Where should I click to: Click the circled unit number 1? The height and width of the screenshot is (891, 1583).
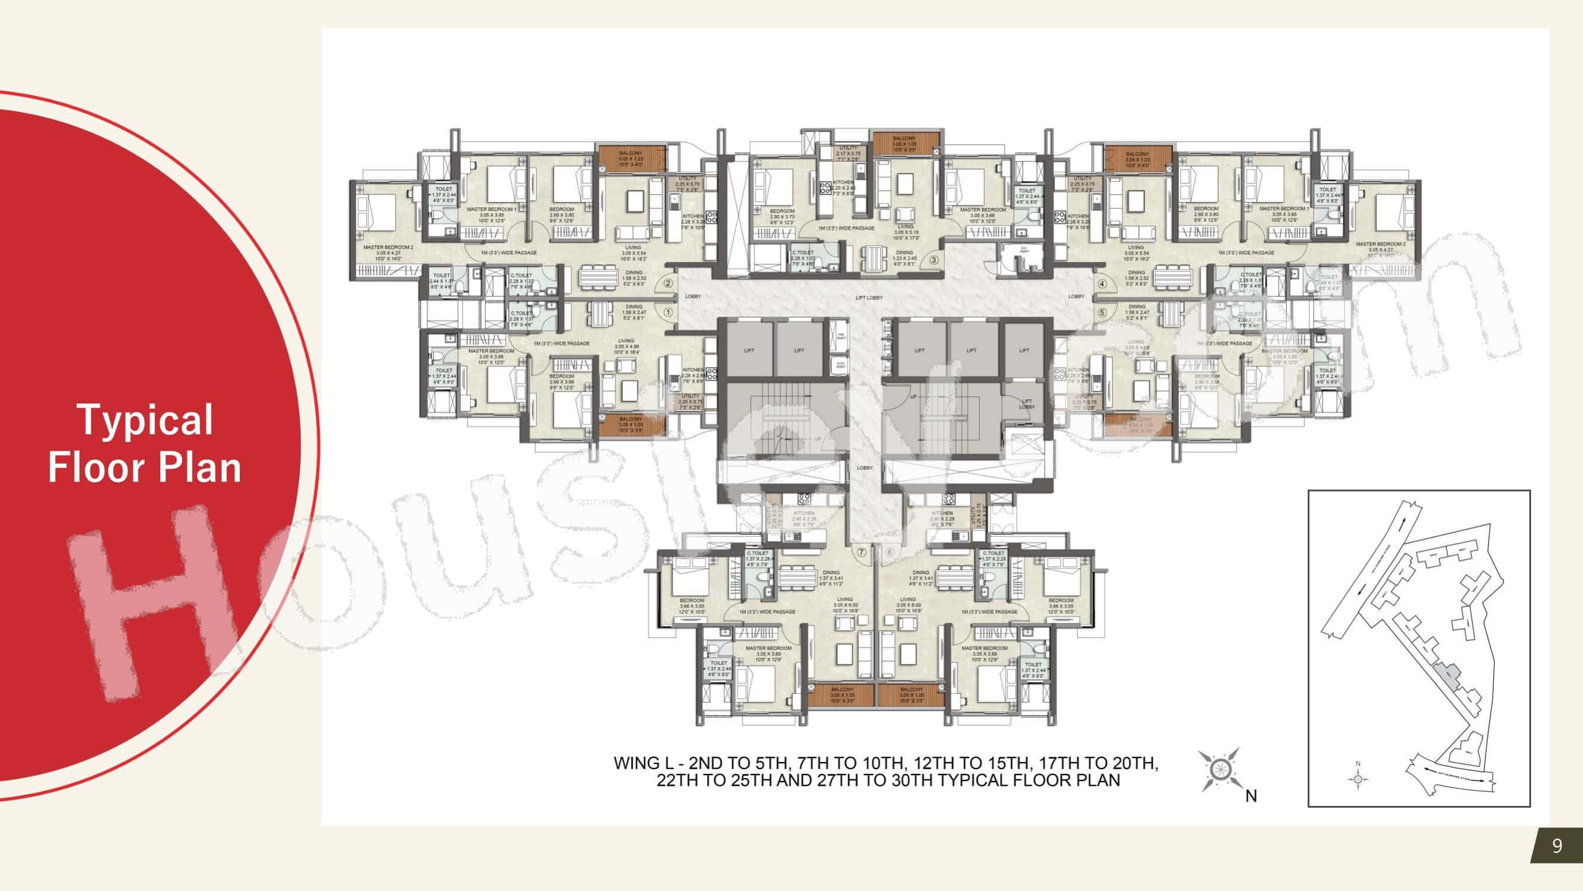(668, 312)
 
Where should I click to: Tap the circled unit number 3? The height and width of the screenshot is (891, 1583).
(934, 260)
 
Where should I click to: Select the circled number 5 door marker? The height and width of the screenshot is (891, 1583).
(1102, 313)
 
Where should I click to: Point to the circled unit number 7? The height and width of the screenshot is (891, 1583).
(862, 552)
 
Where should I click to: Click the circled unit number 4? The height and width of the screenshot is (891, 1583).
(1102, 284)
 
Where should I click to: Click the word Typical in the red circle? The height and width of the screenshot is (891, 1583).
(145, 421)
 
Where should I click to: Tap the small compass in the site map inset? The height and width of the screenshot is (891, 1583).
(1358, 779)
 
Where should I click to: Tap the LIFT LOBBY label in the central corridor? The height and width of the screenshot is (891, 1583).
(869, 298)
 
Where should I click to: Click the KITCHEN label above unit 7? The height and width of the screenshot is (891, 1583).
(803, 513)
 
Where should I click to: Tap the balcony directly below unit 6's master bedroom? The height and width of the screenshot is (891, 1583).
(911, 696)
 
